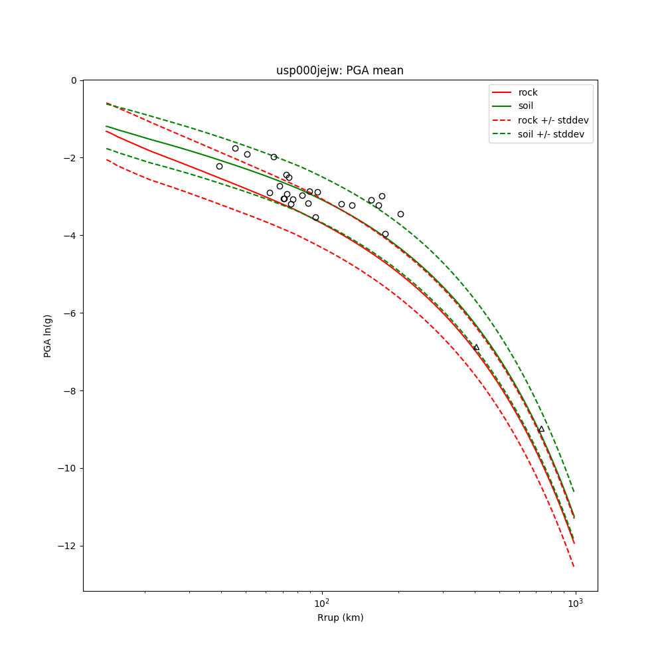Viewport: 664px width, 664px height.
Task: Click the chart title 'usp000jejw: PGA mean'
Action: [340, 70]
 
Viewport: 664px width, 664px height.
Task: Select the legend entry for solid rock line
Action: [528, 92]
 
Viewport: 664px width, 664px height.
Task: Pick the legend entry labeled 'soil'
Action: [525, 106]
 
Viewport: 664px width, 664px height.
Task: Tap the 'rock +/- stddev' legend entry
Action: [553, 120]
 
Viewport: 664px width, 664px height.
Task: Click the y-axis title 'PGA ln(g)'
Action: [48, 335]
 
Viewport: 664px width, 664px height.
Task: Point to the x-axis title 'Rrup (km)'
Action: [340, 618]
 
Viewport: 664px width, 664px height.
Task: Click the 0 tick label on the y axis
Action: [74, 80]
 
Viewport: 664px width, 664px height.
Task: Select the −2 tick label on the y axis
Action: [70, 158]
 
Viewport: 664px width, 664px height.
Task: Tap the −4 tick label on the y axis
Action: [70, 236]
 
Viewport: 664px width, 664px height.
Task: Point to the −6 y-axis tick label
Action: [70, 313]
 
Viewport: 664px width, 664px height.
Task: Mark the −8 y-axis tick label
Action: [70, 391]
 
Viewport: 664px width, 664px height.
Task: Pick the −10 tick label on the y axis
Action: [68, 469]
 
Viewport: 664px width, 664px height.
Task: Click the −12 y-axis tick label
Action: [68, 546]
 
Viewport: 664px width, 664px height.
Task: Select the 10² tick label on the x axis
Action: [322, 603]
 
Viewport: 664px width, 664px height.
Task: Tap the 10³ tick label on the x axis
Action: [575, 603]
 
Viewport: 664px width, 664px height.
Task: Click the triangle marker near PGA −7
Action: [476, 347]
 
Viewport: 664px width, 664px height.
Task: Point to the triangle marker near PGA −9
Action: [541, 429]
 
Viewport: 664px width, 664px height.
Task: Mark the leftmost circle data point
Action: [219, 166]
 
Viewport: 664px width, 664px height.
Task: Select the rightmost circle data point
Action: [400, 214]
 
